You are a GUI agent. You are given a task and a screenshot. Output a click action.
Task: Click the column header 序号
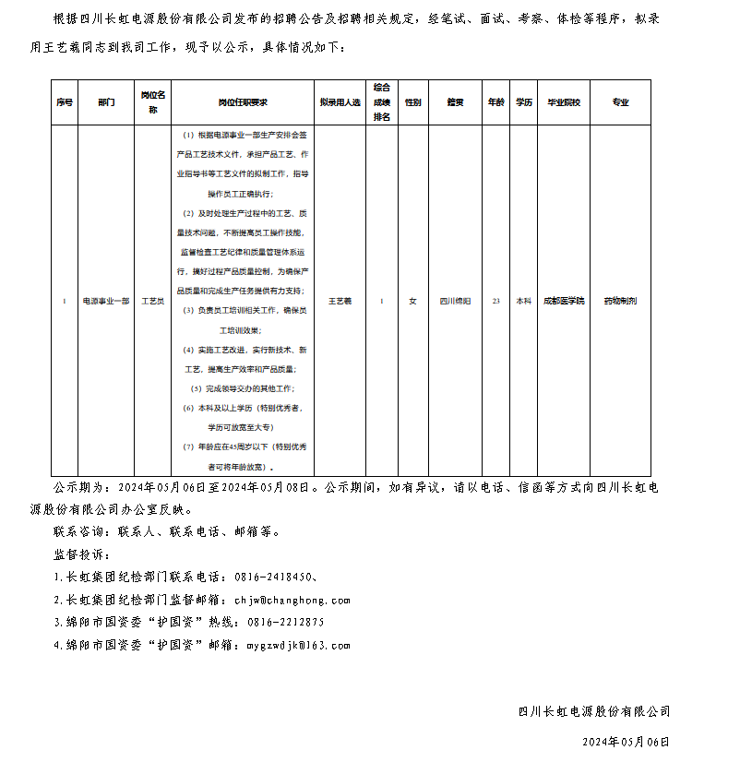(64, 102)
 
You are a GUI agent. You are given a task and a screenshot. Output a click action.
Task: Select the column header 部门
(106, 102)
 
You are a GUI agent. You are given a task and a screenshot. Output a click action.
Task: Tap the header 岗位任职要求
(243, 102)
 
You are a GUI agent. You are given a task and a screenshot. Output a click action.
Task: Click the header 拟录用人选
(340, 102)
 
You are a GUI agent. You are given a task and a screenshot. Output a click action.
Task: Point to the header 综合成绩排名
(382, 102)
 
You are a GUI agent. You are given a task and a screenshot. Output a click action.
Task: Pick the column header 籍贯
(455, 102)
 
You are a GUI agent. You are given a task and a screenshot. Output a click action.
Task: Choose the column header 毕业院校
(564, 102)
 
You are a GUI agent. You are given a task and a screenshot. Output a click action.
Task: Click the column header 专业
(620, 102)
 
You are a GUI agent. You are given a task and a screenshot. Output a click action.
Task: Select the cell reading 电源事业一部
(106, 301)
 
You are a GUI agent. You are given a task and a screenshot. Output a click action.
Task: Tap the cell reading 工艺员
(153, 301)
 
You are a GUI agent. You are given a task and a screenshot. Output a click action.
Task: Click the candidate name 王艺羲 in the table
(340, 301)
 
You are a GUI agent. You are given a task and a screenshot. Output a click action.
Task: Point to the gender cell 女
(412, 301)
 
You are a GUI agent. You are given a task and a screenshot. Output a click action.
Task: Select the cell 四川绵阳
(455, 301)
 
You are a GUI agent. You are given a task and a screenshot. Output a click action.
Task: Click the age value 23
(496, 301)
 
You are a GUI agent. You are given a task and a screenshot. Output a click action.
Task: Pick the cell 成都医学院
(564, 301)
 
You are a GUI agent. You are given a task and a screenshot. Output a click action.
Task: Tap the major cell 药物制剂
(620, 301)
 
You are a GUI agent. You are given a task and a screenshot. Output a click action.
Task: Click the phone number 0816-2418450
(275, 577)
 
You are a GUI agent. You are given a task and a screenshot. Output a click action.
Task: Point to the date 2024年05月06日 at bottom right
(626, 742)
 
